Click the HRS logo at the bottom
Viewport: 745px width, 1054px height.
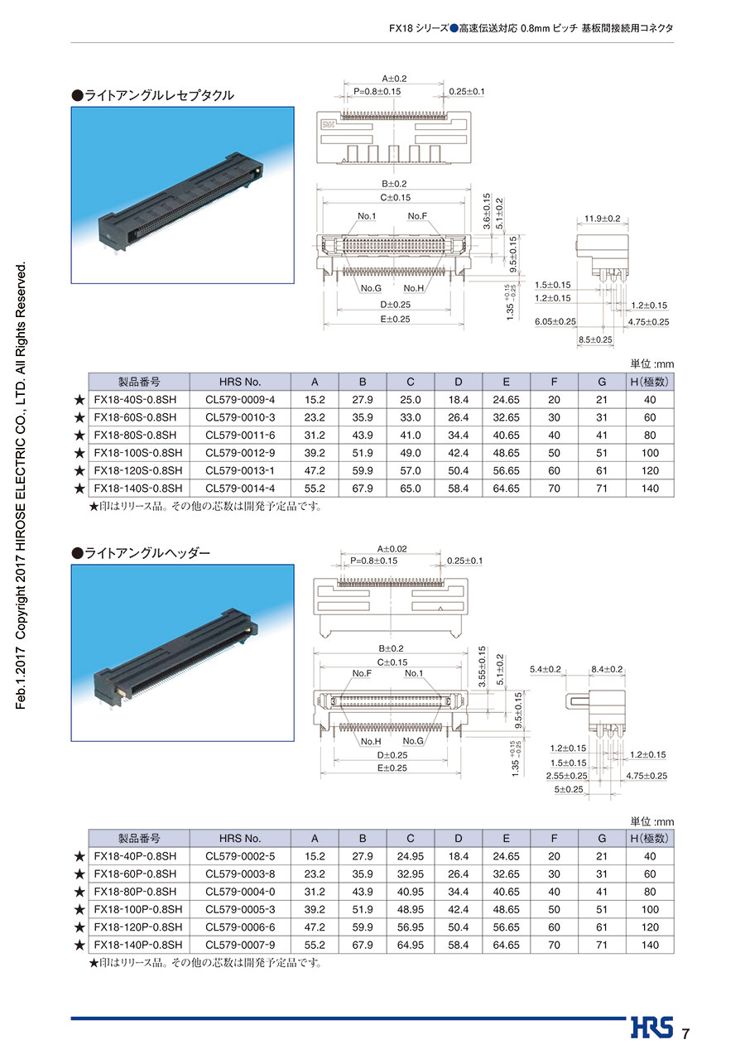[x=651, y=1028]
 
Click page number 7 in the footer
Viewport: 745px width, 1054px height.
[x=685, y=1033]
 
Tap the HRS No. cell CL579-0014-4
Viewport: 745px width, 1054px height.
[x=240, y=488]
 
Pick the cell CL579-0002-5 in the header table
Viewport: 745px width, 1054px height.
[x=240, y=856]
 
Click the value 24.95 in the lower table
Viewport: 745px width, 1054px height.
[x=410, y=856]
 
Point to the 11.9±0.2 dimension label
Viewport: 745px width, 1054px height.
[x=602, y=219]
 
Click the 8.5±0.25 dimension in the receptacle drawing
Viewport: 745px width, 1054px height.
[x=595, y=339]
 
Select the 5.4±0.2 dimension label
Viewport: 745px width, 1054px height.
[x=546, y=669]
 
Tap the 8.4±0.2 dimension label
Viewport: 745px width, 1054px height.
[x=607, y=669]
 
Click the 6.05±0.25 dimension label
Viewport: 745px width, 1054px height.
[x=555, y=321]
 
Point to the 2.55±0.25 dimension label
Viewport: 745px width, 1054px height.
[x=567, y=776]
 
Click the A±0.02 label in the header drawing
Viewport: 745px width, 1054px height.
[x=392, y=549]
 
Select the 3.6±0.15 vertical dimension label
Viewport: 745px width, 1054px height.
[x=487, y=211]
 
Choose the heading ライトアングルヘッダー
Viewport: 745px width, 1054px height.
[x=141, y=553]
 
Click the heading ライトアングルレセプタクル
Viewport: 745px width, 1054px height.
[x=153, y=95]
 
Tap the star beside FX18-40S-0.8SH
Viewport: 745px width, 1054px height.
[x=79, y=400]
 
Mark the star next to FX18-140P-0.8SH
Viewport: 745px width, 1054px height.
[x=79, y=945]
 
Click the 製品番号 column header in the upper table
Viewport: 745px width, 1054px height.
[x=139, y=382]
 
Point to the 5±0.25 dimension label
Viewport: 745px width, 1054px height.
[x=569, y=789]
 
